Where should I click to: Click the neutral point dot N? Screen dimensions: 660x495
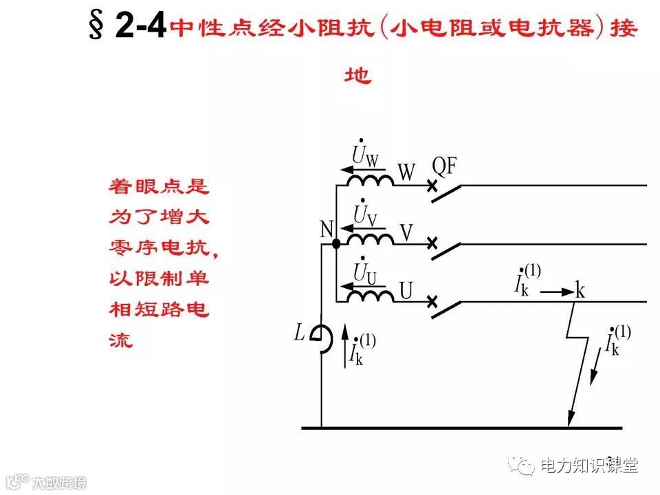point(335,243)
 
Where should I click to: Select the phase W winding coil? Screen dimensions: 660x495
point(369,179)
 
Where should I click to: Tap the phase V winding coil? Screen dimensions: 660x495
point(369,238)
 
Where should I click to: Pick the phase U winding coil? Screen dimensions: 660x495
point(369,296)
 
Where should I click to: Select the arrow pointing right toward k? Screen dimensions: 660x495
point(557,291)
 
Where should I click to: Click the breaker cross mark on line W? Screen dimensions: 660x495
point(432,186)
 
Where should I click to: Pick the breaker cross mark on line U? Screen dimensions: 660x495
point(432,302)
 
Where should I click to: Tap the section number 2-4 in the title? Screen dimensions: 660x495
point(140,28)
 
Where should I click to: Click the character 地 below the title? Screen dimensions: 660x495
point(357,74)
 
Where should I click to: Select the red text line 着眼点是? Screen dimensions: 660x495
point(159,186)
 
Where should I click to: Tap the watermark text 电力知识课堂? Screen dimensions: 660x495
point(589,465)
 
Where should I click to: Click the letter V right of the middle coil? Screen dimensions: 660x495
point(406,234)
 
